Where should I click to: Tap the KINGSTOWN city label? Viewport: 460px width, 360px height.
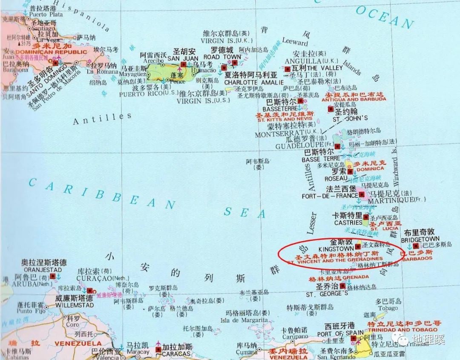point(336,248)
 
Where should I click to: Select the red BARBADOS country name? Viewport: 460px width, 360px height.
point(417,258)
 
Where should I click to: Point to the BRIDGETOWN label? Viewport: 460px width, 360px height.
point(420,239)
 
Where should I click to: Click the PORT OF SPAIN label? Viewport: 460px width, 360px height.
point(340,333)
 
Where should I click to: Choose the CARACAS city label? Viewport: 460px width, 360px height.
point(176,354)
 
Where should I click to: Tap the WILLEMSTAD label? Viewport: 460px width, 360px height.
point(74,306)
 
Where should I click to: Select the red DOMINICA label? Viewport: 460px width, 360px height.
point(370,169)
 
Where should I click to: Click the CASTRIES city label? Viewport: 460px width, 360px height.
point(348,223)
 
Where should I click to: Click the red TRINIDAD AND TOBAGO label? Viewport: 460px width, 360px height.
point(402,330)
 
